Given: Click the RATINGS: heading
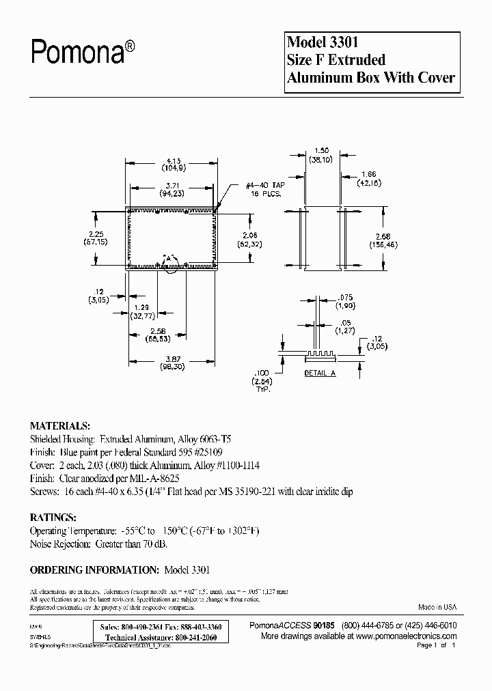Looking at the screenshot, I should click(x=53, y=518).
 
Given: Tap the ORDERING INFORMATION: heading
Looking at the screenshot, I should click(x=94, y=569).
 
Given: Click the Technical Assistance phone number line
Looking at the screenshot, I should click(x=157, y=637).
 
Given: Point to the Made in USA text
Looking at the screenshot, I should click(x=437, y=607).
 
